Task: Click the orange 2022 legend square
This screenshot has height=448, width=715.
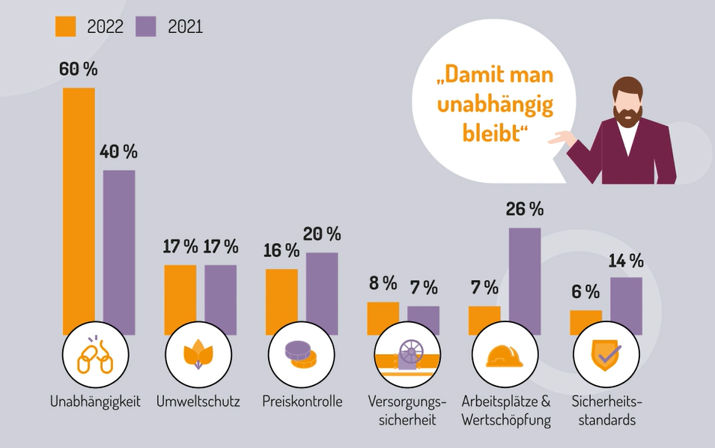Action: tap(66, 26)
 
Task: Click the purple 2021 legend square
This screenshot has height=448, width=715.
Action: tap(146, 26)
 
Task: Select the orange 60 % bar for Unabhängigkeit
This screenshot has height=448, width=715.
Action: tap(79, 210)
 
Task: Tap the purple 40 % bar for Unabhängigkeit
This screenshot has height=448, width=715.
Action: tap(119, 251)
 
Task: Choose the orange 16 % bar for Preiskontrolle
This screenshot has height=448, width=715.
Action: tap(282, 300)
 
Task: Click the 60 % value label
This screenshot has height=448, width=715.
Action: tap(79, 69)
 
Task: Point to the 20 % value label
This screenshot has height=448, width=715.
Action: tap(322, 234)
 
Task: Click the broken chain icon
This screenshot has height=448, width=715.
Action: tap(94, 357)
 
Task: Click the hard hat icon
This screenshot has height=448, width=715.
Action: tap(503, 356)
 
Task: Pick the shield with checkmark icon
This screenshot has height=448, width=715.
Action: tap(605, 356)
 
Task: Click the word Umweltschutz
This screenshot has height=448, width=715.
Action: tap(198, 402)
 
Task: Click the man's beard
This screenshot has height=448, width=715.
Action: tap(627, 114)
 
